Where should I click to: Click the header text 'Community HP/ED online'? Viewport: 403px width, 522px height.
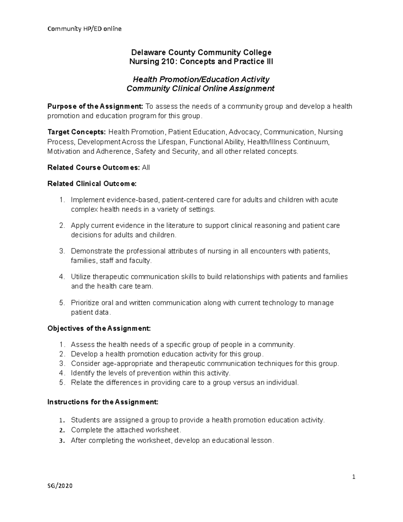pos(84,29)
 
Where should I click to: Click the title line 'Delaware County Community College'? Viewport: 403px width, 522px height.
pos(201,52)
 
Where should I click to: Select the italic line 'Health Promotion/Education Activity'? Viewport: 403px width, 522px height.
pos(201,79)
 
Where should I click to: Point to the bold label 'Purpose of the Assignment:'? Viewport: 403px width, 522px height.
pos(95,107)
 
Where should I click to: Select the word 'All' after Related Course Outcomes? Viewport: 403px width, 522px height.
pos(146,168)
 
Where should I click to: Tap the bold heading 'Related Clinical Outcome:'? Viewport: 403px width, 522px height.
pos(92,184)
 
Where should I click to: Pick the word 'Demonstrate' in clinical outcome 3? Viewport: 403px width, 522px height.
pos(91,251)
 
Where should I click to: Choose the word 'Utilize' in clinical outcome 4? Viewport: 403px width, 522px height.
pos(81,277)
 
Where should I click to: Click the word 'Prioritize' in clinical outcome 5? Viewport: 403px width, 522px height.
pos(85,303)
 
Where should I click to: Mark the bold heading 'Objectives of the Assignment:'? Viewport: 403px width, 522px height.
pos(99,328)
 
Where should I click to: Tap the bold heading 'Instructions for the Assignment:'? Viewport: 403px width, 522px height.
pos(102,402)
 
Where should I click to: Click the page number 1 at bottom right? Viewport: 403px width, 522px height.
pos(354,477)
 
